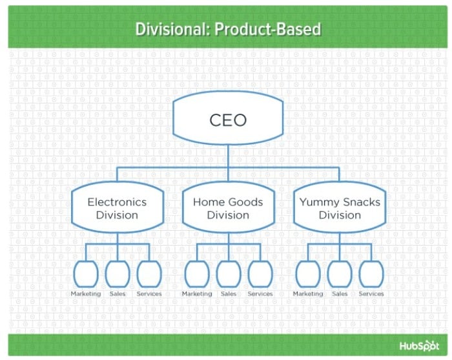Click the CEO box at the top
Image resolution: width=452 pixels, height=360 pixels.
(x=228, y=118)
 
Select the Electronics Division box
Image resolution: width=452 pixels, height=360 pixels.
(x=118, y=207)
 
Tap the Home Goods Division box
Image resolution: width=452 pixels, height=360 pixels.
(x=228, y=207)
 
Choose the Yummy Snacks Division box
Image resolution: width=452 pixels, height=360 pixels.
(x=340, y=207)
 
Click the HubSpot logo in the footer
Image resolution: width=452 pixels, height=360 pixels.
(x=419, y=346)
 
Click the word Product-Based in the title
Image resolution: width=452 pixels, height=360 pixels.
(x=268, y=29)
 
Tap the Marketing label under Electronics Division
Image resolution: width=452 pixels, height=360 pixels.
(x=86, y=293)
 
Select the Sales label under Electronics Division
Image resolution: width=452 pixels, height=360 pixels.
(x=118, y=293)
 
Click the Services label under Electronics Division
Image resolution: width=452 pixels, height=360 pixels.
(x=149, y=293)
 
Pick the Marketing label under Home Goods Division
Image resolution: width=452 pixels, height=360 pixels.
(x=197, y=293)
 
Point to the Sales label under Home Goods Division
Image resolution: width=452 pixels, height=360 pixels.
(x=229, y=293)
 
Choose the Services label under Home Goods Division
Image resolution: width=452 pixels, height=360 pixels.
(x=260, y=293)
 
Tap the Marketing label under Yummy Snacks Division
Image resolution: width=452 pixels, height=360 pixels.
(x=308, y=293)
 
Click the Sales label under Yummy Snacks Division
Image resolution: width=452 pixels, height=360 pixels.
(x=340, y=293)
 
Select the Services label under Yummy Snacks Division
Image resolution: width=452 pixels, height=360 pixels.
(x=371, y=293)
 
